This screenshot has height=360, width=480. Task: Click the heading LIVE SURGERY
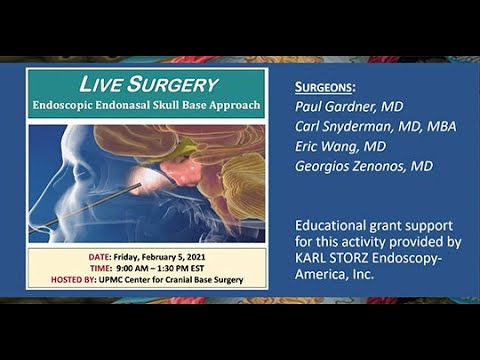pyautogui.click(x=146, y=83)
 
